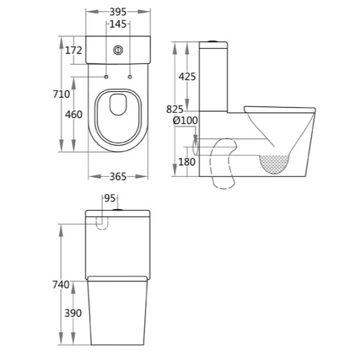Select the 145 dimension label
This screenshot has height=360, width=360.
point(118,25)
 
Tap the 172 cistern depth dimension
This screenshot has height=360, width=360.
point(73,50)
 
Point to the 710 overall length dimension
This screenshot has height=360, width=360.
point(61,94)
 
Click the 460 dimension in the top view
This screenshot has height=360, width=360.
point(73,115)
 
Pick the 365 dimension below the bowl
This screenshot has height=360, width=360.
point(118,176)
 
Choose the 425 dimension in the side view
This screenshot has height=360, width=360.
point(187,77)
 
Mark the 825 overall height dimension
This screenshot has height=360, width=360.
point(174,109)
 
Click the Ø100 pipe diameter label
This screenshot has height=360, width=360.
point(185,120)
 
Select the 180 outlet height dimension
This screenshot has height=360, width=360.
point(187,161)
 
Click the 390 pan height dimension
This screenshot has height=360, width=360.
point(73,313)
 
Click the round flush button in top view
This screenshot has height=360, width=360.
point(118,50)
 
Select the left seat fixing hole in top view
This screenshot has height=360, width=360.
point(106,77)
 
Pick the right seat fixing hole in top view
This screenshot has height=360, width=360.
point(130,77)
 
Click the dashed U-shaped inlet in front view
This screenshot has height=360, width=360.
point(103,223)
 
